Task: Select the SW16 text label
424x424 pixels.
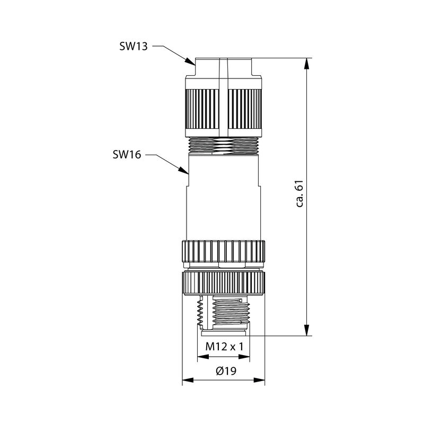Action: pos(127,155)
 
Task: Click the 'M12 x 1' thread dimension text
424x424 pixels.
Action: pos(224,347)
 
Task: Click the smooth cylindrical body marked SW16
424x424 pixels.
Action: pos(224,196)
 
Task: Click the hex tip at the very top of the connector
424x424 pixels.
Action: pos(224,67)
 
